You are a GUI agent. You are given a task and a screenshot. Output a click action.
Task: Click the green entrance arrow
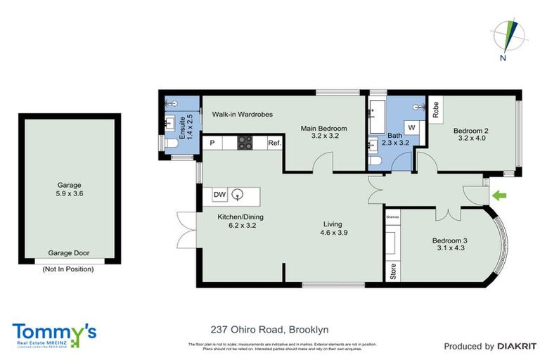tap(500, 195)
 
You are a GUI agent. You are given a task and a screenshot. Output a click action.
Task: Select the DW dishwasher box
tap(219, 195)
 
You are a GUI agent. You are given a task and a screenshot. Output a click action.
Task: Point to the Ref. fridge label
tap(274, 143)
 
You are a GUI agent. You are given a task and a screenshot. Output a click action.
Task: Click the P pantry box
tap(212, 143)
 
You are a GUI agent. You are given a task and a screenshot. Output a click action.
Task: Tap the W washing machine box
tap(411, 129)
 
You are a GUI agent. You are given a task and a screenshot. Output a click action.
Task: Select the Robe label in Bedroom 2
tap(436, 109)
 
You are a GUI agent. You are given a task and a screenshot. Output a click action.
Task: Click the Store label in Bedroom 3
tap(392, 271)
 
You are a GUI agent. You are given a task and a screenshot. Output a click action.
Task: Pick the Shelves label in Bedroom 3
tap(392, 217)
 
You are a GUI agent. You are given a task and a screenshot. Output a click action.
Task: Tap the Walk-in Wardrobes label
tap(243, 114)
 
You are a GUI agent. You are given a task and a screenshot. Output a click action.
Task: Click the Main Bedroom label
tap(324, 132)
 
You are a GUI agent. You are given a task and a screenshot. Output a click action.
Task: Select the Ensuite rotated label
tap(184, 128)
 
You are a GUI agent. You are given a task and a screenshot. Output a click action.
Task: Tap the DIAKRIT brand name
tap(517, 346)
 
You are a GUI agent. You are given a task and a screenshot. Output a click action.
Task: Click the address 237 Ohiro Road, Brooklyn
tap(270, 329)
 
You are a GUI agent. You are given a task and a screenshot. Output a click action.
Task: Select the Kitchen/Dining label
tap(237, 221)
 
